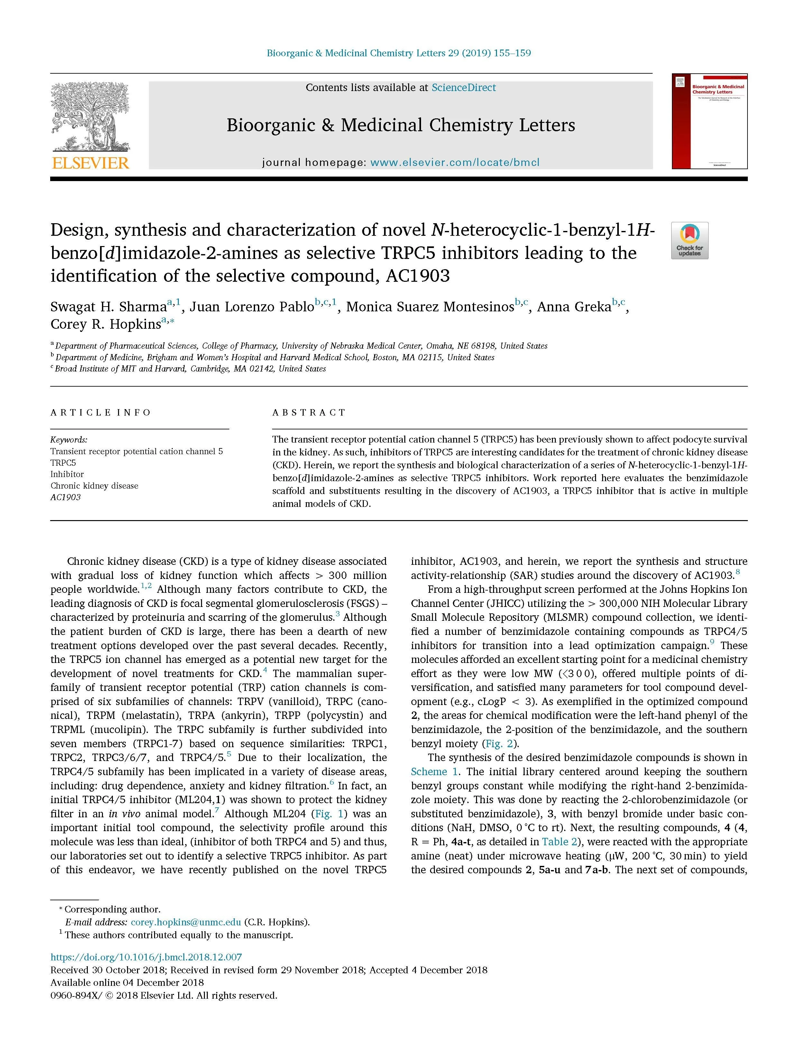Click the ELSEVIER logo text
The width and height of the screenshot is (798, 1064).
[x=90, y=163]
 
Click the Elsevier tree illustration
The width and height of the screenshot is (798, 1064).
[x=90, y=116]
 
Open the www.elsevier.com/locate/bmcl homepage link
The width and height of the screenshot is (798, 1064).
[x=454, y=162]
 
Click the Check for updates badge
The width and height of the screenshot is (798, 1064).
[x=689, y=241]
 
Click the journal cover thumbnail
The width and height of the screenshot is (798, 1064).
[x=710, y=121]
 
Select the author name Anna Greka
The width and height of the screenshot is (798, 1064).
[x=573, y=307]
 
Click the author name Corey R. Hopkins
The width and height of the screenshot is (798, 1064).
[x=105, y=324]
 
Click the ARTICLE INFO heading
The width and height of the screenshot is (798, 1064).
[x=101, y=412]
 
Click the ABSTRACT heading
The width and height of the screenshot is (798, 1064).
[x=309, y=412]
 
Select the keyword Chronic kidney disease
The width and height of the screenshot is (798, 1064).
[x=94, y=486]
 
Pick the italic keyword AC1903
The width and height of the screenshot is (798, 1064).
[x=65, y=497]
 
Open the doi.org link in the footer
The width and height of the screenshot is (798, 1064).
[x=146, y=957]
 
